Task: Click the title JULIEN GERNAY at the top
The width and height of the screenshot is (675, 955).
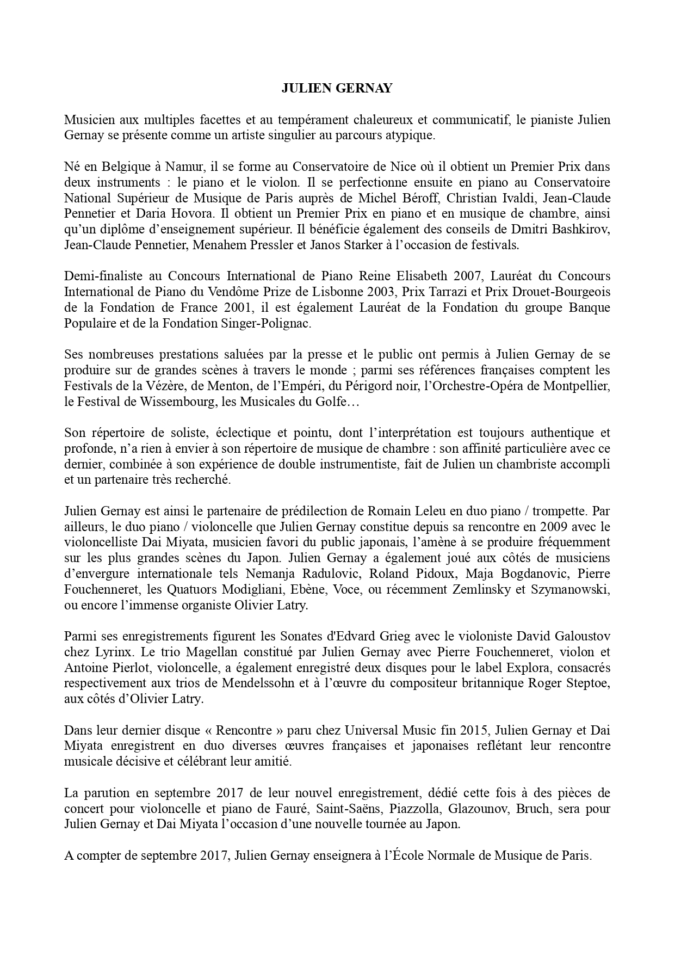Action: (x=337, y=89)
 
